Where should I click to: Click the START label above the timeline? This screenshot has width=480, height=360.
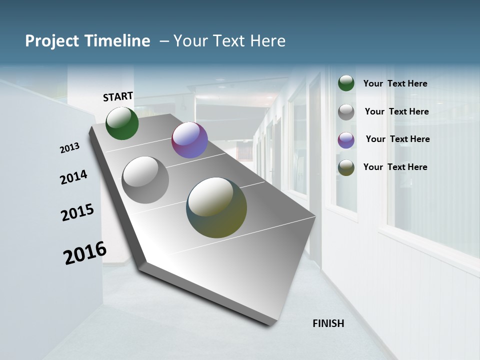(x=118, y=96)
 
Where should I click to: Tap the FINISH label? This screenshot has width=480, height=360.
(x=328, y=323)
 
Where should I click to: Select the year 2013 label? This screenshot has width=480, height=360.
(x=70, y=148)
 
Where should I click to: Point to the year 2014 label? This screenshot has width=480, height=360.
(x=73, y=177)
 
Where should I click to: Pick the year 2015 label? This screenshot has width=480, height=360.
(x=77, y=212)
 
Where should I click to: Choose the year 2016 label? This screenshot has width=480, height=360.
(x=85, y=252)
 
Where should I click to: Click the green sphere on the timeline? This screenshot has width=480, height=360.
(x=122, y=123)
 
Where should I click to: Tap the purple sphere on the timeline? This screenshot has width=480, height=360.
(x=189, y=140)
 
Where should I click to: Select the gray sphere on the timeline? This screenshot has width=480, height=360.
(x=145, y=180)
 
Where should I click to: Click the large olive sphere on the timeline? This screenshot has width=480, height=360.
(x=216, y=207)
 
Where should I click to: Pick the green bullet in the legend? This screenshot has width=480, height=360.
(x=346, y=83)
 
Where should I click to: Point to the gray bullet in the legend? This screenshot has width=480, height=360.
(x=346, y=112)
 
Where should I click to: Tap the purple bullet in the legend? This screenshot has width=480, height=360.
(x=346, y=139)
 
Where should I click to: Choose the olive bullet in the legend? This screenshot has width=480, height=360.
(x=346, y=167)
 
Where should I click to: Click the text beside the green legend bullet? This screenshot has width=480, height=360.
(x=395, y=83)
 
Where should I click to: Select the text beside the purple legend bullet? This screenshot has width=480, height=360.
(x=397, y=139)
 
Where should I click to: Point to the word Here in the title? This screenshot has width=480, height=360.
(x=267, y=41)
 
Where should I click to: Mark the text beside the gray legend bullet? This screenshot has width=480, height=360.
(x=396, y=111)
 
